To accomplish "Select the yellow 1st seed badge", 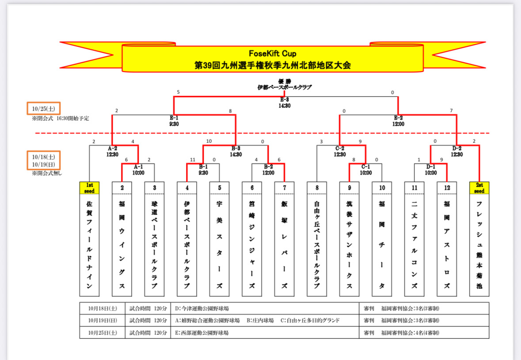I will pyautogui.click(x=89, y=188).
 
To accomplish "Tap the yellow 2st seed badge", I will pyautogui.click(x=479, y=188).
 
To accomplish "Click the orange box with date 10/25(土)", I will pyautogui.click(x=43, y=108).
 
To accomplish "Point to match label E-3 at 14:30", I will pyautogui.click(x=284, y=103).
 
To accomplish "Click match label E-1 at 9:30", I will pyautogui.click(x=173, y=121).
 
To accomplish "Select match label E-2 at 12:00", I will pyautogui.click(x=398, y=121).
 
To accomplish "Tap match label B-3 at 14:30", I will pyautogui.click(x=236, y=151).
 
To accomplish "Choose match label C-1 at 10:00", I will pyautogui.click(x=366, y=170).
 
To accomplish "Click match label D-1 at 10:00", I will pyautogui.click(x=431, y=170).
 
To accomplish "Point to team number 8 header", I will pyautogui.click(x=317, y=188).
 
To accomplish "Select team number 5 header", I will pyautogui.click(x=219, y=188).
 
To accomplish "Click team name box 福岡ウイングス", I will pyautogui.click(x=122, y=245).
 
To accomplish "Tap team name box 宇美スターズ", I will pyautogui.click(x=219, y=245).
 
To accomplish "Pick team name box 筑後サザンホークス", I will pyautogui.click(x=349, y=245).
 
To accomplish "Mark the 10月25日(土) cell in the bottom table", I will pyautogui.click(x=103, y=333).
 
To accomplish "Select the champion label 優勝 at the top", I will pyautogui.click(x=285, y=81).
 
